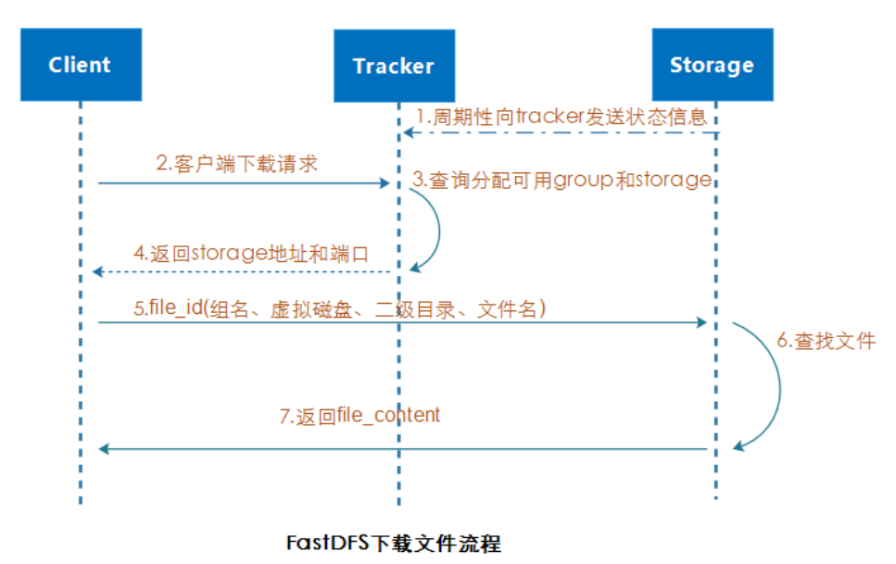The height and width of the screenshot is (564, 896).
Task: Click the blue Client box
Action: pos(82,65)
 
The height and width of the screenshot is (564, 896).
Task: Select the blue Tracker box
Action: pos(395,66)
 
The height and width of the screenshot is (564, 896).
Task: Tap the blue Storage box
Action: pos(713,65)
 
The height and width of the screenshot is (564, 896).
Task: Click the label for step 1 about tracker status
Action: pos(562,117)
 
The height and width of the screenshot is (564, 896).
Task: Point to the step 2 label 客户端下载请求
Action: pos(236,163)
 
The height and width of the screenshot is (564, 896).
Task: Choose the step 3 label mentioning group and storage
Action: pos(562,180)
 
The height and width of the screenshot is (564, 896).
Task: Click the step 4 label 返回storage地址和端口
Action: pos(251,253)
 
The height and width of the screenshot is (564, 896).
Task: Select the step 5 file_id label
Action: pos(340,308)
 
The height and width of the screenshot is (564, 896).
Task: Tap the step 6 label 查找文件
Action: pos(826,341)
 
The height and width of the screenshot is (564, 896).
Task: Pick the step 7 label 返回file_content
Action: pos(360,416)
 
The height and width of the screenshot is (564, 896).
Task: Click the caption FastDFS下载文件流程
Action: pos(393,543)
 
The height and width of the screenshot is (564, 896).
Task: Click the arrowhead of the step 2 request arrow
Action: pos(385,182)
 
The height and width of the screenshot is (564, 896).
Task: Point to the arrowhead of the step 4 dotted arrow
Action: pos(97,272)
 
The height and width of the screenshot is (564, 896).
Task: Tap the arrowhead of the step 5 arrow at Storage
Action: pos(702,322)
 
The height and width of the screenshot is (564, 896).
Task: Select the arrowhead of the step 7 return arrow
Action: pos(104,449)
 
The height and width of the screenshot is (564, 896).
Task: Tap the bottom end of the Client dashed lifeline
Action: pos(81,504)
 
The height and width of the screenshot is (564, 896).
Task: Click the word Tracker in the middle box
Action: pos(394,67)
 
